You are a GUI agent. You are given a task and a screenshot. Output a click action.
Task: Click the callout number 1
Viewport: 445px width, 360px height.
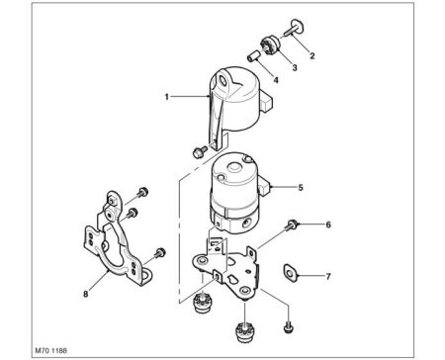click(167, 97)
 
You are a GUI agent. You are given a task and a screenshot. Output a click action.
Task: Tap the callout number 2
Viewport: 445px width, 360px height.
click(312, 56)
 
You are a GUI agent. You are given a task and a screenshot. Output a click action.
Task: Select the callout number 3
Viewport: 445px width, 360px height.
click(295, 68)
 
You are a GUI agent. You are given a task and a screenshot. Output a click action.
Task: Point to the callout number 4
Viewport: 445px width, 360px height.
click(276, 80)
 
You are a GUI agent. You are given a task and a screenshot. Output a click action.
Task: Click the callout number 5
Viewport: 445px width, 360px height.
click(301, 188)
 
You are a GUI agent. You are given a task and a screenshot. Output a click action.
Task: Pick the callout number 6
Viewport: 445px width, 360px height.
click(328, 225)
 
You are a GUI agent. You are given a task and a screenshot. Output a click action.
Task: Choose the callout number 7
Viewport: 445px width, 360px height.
click(328, 276)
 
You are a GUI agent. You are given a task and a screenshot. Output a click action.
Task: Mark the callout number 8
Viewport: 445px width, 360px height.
click(86, 294)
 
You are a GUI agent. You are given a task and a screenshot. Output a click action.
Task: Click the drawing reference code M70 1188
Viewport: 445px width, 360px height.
click(50, 350)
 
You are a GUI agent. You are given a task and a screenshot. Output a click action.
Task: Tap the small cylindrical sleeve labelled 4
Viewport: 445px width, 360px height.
click(253, 57)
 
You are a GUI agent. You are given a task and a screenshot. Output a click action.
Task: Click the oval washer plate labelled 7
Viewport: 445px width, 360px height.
click(290, 273)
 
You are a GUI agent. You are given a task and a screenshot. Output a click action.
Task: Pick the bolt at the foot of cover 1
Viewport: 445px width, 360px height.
click(199, 152)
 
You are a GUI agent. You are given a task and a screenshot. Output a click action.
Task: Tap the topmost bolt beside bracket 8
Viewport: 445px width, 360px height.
click(142, 192)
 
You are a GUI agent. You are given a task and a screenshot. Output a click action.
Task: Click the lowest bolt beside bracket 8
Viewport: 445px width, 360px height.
click(159, 253)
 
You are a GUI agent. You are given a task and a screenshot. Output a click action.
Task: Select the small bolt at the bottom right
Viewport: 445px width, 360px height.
click(288, 327)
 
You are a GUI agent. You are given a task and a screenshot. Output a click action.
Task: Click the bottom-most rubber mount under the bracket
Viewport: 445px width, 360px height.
click(245, 332)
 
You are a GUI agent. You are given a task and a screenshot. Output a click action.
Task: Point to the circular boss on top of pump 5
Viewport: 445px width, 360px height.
click(233, 167)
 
